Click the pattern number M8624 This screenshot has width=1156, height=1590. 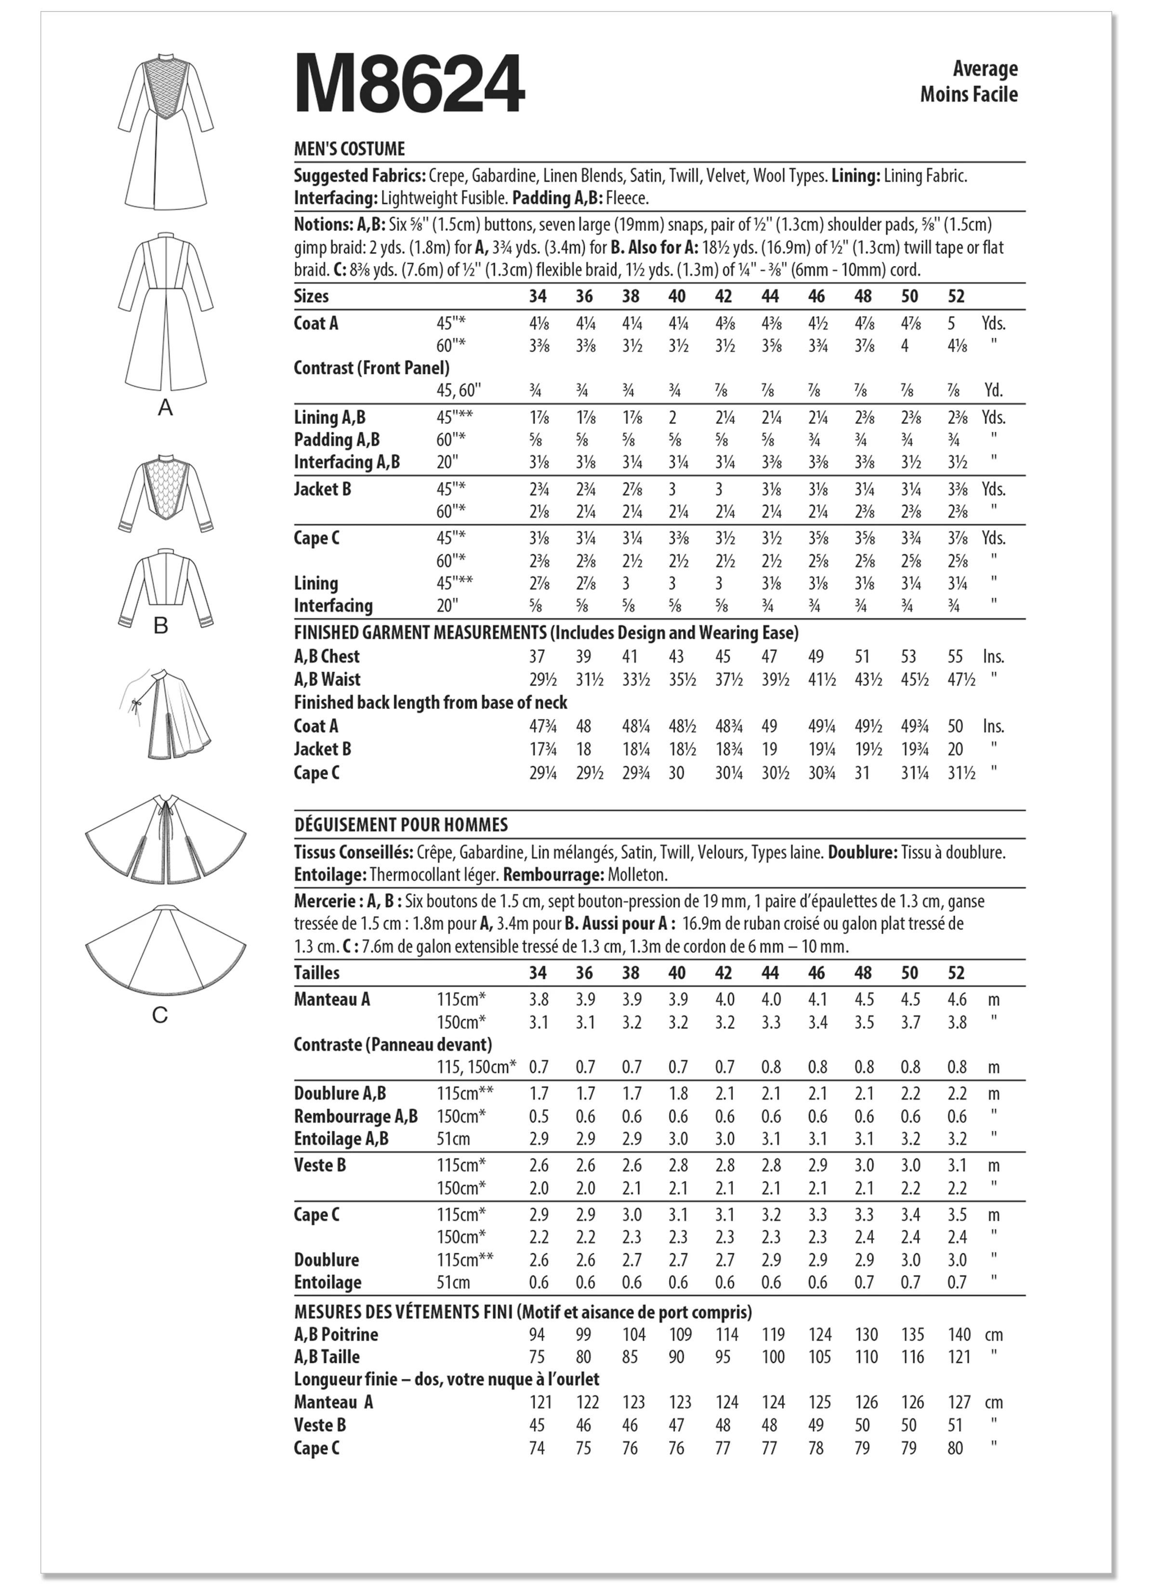409,85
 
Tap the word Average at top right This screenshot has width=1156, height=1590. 985,69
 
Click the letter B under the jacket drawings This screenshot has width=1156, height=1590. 160,626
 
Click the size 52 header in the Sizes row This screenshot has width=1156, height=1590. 956,296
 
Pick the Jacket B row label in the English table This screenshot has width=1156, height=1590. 322,490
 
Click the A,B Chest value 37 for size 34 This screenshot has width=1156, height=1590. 538,657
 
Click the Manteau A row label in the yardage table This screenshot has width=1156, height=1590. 331,1000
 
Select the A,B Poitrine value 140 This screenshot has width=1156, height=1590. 959,1335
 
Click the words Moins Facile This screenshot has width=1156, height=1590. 969,94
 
